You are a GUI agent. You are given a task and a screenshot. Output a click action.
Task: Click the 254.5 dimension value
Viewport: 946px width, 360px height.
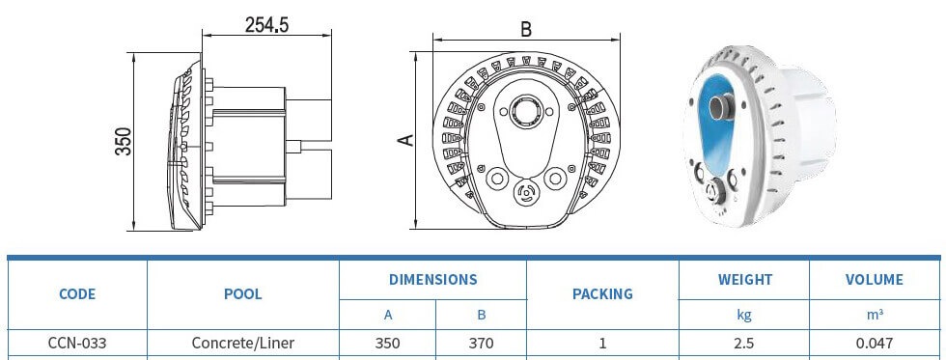pyautogui.click(x=266, y=25)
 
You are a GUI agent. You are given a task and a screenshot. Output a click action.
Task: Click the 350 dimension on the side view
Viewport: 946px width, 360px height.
pyautogui.click(x=124, y=141)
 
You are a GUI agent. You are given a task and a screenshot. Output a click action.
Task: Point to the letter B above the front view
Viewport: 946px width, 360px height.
pyautogui.click(x=526, y=29)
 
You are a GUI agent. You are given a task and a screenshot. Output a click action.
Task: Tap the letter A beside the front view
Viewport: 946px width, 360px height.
pyautogui.click(x=407, y=140)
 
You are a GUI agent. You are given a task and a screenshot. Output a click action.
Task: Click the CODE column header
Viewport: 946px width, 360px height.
pyautogui.click(x=77, y=294)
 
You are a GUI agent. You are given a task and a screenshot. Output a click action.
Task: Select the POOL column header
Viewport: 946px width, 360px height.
pyautogui.click(x=243, y=294)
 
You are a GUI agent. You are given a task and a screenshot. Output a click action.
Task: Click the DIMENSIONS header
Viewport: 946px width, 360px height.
pyautogui.click(x=432, y=280)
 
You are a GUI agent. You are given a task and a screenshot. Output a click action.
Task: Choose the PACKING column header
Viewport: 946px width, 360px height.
pyautogui.click(x=602, y=294)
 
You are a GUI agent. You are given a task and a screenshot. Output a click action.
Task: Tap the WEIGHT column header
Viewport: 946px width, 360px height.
pyautogui.click(x=745, y=280)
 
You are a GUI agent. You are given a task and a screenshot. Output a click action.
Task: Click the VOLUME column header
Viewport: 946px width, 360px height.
pyautogui.click(x=875, y=280)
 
